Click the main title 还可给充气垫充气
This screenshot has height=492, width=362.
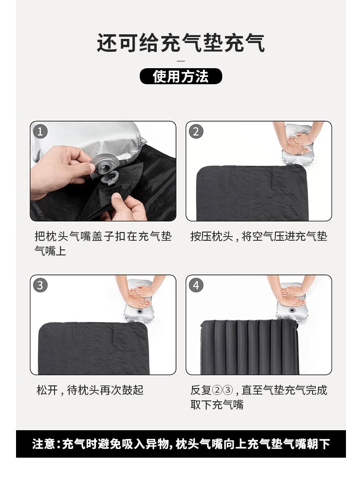[181, 43]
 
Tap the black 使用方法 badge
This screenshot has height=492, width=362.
[181, 76]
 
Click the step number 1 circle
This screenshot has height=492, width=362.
[40, 132]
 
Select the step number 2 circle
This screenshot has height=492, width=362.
[196, 132]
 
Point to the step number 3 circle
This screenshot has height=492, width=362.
[40, 286]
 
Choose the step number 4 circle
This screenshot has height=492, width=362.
[196, 286]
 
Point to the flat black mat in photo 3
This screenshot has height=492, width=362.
[92, 348]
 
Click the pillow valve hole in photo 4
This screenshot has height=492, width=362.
[292, 313]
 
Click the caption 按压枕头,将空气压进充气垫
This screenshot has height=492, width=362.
[258, 237]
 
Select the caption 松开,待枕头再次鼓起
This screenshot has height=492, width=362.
[90, 390]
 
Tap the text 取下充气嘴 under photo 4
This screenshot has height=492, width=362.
[217, 405]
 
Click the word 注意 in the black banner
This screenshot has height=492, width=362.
[44, 444]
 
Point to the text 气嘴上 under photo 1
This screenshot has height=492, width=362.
[50, 251]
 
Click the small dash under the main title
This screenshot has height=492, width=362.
[181, 61]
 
